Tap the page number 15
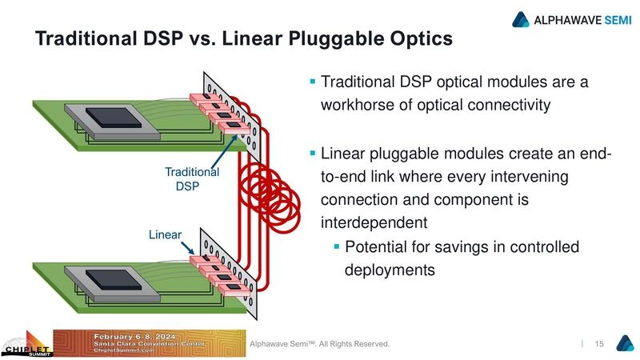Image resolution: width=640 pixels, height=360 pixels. tap(598, 344)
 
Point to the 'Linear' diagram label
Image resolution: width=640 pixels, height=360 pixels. tap(165, 234)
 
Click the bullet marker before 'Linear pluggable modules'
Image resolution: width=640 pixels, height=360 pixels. tap(313, 152)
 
